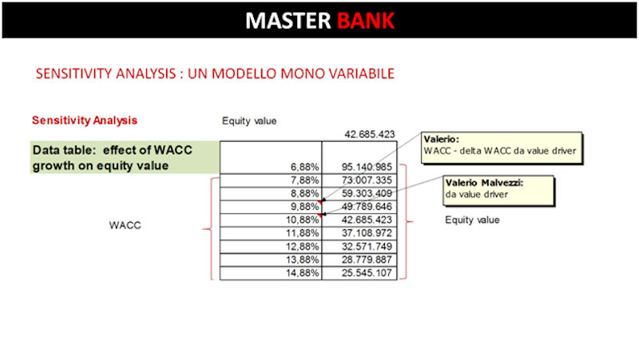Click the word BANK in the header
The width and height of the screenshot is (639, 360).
(366, 21)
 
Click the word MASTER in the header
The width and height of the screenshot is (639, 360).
(288, 21)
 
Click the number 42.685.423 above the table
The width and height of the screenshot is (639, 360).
(370, 134)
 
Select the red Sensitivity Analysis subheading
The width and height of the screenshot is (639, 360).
(85, 121)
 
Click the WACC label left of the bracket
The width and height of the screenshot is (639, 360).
(125, 225)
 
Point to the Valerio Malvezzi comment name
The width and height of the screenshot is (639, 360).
(484, 183)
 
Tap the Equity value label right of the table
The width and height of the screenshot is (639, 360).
(472, 220)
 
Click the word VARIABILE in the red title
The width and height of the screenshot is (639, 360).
(362, 73)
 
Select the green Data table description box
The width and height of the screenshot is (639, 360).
(125, 157)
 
